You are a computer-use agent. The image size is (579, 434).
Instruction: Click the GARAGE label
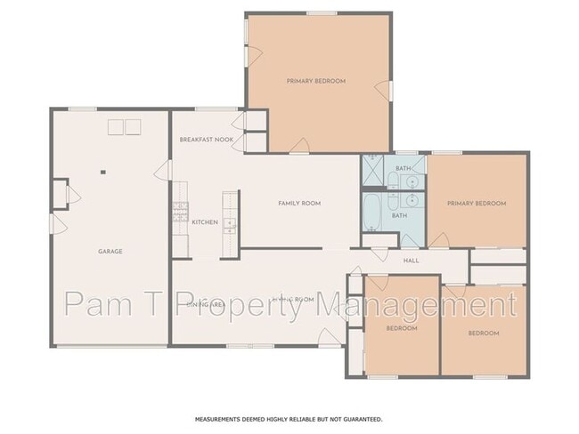point(110,252)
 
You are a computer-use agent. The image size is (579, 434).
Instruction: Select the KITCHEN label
point(205,222)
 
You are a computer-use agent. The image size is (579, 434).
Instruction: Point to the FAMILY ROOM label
point(299,204)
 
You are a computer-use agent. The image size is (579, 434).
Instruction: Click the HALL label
point(411,261)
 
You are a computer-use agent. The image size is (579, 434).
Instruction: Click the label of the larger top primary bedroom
point(316,81)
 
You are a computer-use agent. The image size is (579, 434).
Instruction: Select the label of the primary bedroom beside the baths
point(477,204)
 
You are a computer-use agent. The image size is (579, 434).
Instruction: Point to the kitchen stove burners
point(179,214)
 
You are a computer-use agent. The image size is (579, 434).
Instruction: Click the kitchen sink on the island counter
point(229,223)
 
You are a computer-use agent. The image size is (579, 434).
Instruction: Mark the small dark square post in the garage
point(103,172)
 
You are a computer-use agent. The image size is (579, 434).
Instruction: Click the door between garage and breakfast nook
point(162,171)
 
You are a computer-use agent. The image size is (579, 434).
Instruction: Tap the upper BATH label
point(404,168)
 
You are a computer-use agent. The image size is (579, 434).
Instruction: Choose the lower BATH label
point(400,215)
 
